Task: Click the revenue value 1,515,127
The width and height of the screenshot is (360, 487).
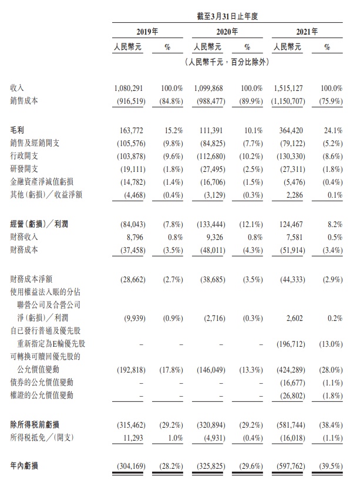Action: (292, 87)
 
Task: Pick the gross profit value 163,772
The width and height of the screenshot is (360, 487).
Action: (131, 127)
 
